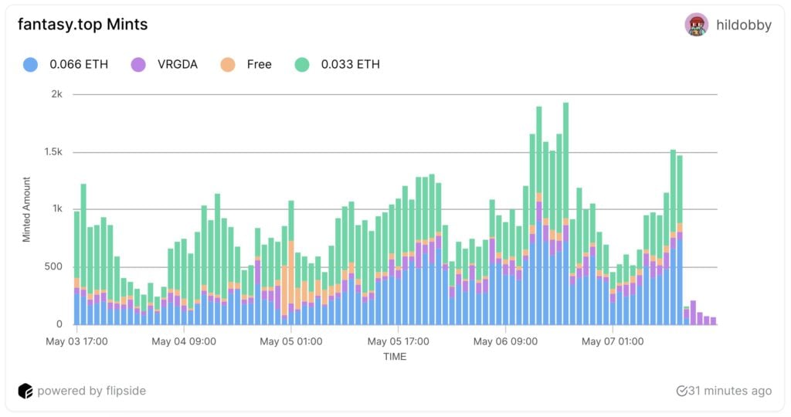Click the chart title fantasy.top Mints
(x=83, y=25)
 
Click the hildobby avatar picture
(x=696, y=25)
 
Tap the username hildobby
(x=743, y=25)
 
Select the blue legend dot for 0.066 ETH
(x=31, y=64)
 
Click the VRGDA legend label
(x=178, y=64)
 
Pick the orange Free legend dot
(x=228, y=64)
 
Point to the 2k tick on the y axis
(x=56, y=94)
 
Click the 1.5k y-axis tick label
(x=52, y=152)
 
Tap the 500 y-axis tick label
(x=53, y=267)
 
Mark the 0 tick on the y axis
(x=59, y=324)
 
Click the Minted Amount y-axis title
(x=26, y=209)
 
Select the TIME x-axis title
(x=394, y=357)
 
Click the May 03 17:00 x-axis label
(x=76, y=341)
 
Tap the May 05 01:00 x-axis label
(x=290, y=341)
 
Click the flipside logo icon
(x=25, y=391)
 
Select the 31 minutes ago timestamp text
(x=730, y=391)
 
